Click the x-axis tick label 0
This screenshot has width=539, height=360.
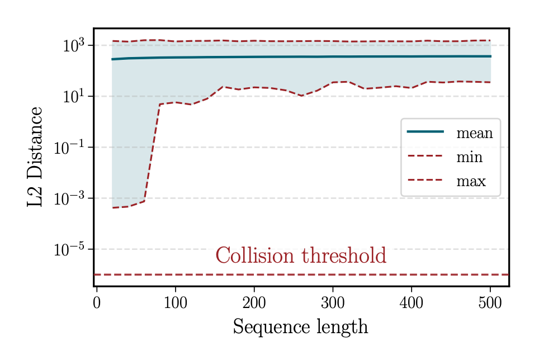[x=97, y=304]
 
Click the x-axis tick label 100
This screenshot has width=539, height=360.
[x=176, y=304]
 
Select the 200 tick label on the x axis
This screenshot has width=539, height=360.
[x=254, y=304]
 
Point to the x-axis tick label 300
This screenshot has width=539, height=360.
[x=333, y=304]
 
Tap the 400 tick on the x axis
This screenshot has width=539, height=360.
[x=412, y=304]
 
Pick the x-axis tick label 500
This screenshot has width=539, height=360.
[x=490, y=304]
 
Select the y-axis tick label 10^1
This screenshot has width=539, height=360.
[x=73, y=97]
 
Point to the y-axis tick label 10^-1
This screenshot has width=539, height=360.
[x=69, y=148]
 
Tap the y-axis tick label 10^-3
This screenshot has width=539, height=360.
[x=69, y=198]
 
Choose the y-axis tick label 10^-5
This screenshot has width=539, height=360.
[x=69, y=249]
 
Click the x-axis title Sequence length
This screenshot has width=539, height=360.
[x=300, y=327]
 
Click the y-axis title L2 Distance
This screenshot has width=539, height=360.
[x=35, y=158]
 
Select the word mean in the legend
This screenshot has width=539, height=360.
[x=474, y=133]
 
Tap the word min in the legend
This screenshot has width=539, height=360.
[x=469, y=157]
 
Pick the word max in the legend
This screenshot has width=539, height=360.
[x=471, y=181]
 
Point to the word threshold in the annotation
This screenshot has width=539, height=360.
[x=344, y=255]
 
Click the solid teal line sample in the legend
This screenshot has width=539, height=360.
[x=425, y=132]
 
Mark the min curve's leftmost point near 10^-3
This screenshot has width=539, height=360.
[x=112, y=208]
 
